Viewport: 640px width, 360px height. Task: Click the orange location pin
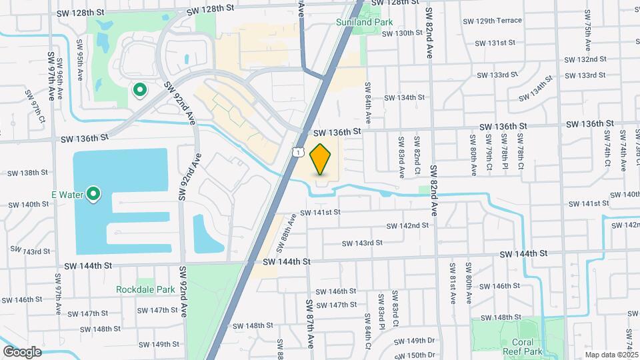pyautogui.click(x=321, y=159)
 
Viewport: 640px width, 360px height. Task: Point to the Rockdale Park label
pyautogui.click(x=145, y=289)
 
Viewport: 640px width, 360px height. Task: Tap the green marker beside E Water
pyautogui.click(x=94, y=194)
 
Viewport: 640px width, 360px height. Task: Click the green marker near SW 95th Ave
pyautogui.click(x=140, y=89)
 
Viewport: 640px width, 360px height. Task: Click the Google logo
pyautogui.click(x=22, y=351)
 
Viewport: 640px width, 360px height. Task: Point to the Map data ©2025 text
pyautogui.click(x=611, y=355)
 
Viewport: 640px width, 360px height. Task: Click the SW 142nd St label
pyautogui.click(x=407, y=226)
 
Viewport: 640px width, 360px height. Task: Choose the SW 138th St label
pyautogui.click(x=28, y=173)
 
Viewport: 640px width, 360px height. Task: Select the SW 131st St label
pyautogui.click(x=495, y=43)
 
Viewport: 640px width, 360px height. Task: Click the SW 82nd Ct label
pyautogui.click(x=417, y=152)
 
